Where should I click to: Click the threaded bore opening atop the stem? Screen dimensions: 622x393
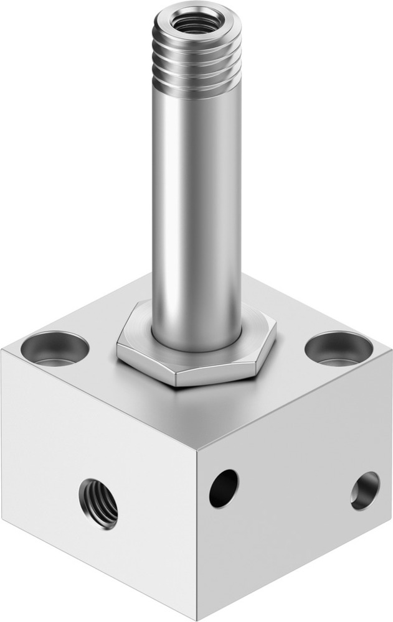tap(197, 24)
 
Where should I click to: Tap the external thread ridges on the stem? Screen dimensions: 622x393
tap(197, 62)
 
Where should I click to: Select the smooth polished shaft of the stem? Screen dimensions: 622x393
tap(197, 205)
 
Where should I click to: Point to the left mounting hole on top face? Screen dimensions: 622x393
tap(54, 348)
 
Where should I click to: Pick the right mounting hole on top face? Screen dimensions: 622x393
tap(338, 348)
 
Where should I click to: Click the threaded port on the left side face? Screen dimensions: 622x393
tap(98, 503)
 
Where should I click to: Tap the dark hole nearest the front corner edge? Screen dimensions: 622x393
tap(224, 488)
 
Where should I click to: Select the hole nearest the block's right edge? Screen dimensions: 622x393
tap(364, 490)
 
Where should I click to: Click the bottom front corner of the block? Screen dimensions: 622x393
tap(198, 620)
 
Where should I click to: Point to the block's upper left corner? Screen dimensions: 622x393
tap(2, 351)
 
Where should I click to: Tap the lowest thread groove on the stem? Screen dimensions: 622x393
tap(197, 88)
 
